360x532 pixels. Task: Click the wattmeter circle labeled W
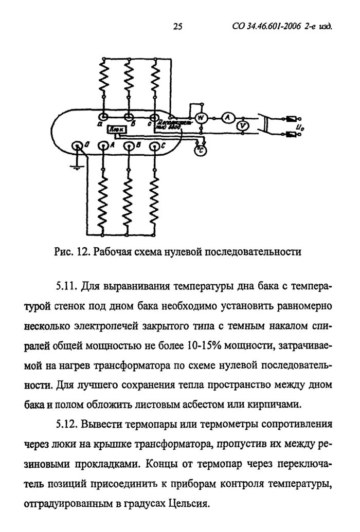[202, 118]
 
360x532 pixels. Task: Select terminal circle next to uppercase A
[103, 146]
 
